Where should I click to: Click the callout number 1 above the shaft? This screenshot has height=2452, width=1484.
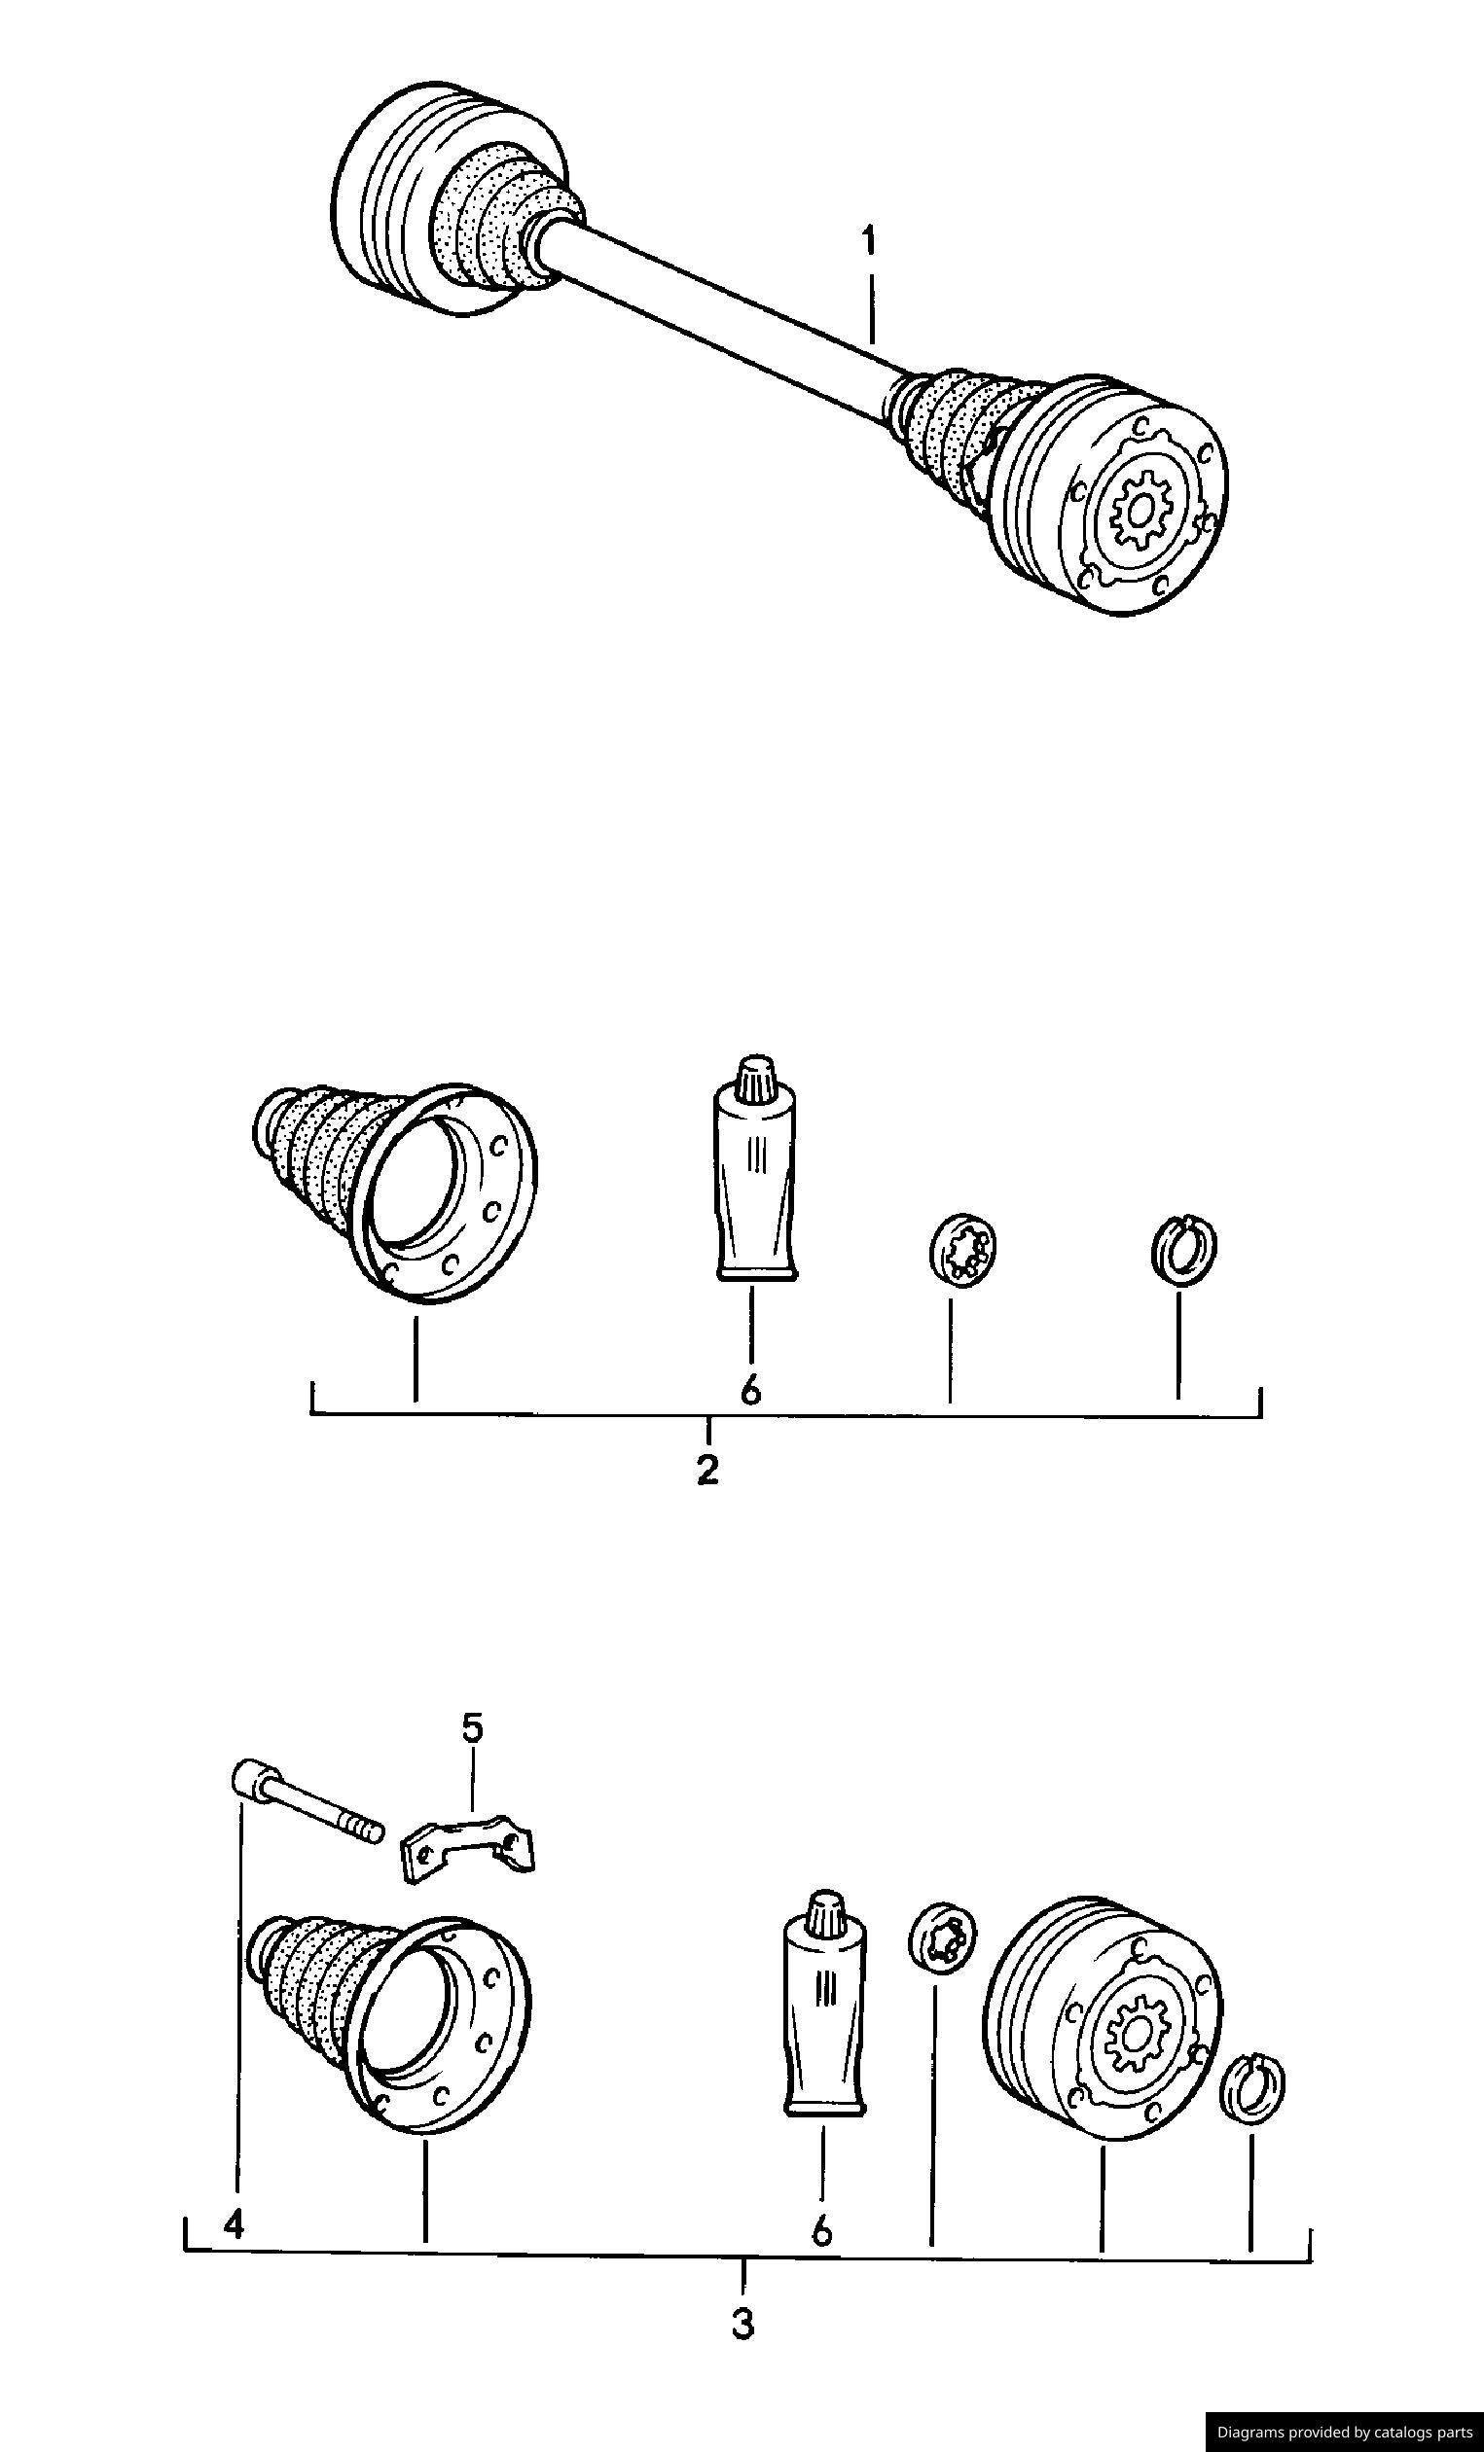pyautogui.click(x=869, y=243)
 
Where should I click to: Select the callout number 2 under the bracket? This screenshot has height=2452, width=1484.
pyautogui.click(x=707, y=1470)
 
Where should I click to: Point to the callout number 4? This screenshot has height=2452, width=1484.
pyautogui.click(x=233, y=2222)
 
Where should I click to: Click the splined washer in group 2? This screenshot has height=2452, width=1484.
pyautogui.click(x=962, y=1248)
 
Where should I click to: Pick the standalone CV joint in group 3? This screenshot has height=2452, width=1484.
pyautogui.click(x=1100, y=2020)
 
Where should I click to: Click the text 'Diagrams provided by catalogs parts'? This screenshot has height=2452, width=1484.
pyautogui.click(x=1344, y=2432)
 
